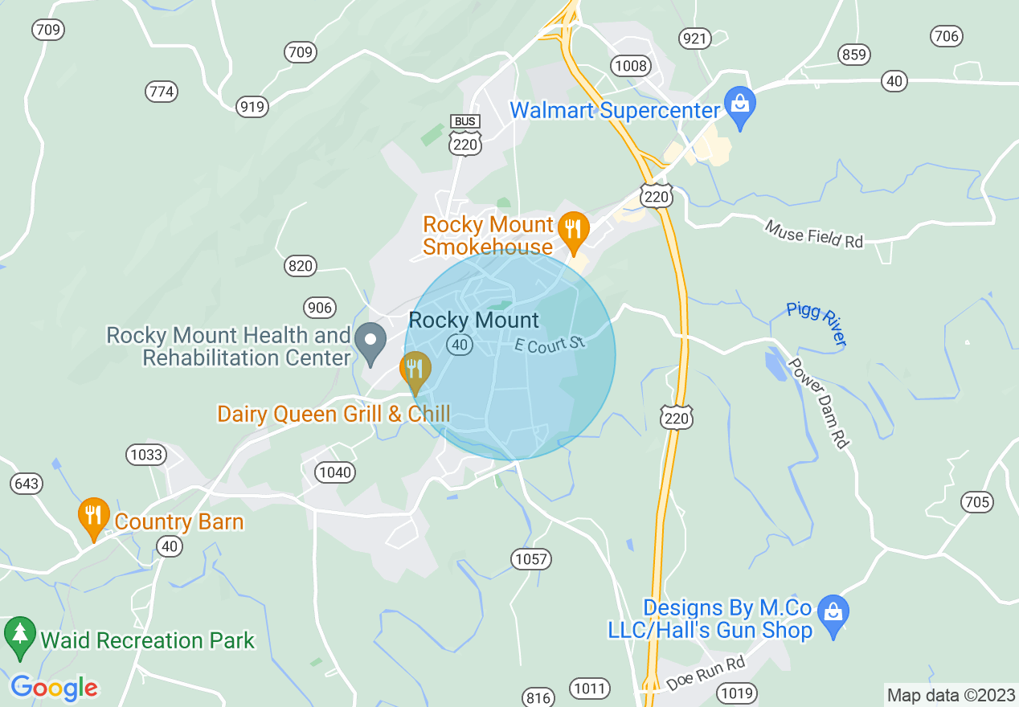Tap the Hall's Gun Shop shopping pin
click(x=833, y=615)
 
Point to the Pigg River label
click(x=816, y=323)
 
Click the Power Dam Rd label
click(x=818, y=402)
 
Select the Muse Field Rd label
click(x=814, y=235)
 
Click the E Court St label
click(x=550, y=344)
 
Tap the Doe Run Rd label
click(x=706, y=674)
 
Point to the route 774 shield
click(x=162, y=92)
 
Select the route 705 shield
click(x=976, y=503)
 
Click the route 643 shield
click(x=26, y=484)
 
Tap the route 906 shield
click(x=319, y=307)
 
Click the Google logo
click(x=54, y=687)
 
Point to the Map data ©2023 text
click(x=949, y=695)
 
